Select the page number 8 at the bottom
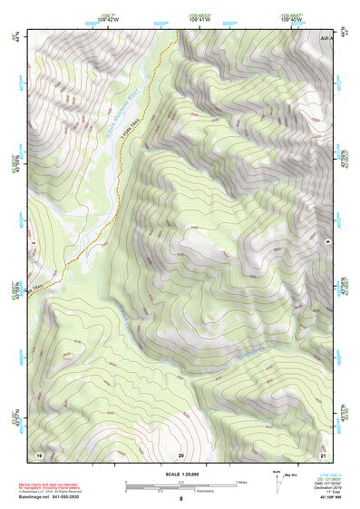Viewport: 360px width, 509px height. (180, 499)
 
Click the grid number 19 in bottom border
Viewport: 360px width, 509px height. (38, 454)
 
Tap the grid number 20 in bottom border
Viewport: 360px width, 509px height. (180, 454)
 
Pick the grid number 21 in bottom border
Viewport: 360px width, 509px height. (323, 454)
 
